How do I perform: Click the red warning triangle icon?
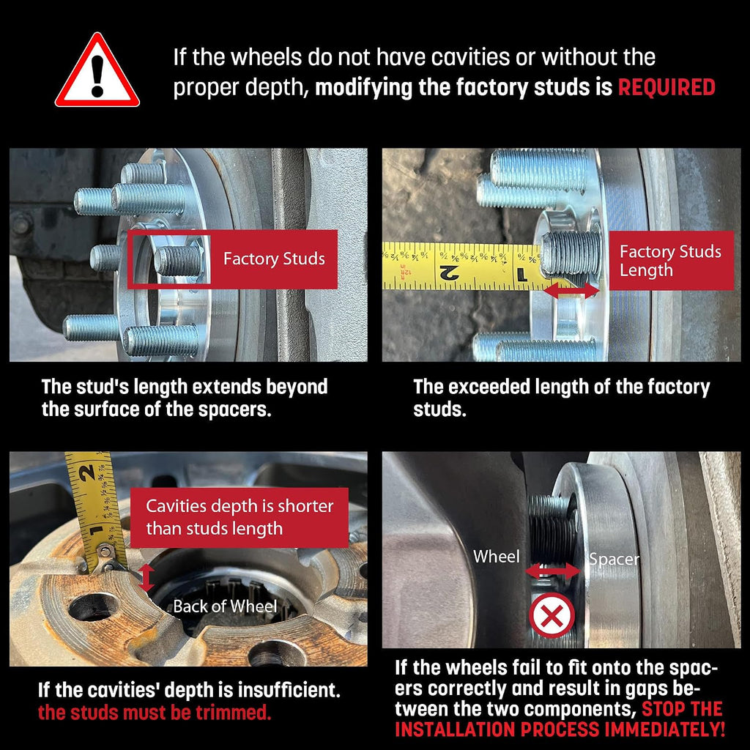point(97,72)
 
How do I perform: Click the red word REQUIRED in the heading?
point(667,88)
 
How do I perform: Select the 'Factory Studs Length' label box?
point(671,261)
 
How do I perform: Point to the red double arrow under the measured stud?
point(571,290)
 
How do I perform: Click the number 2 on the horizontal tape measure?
point(449,273)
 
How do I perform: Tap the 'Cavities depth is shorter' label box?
point(240,518)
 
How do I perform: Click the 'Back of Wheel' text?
point(225,606)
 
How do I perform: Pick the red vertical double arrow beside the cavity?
point(146,578)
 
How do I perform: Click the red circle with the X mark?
point(552,615)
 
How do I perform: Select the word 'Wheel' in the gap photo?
point(496,557)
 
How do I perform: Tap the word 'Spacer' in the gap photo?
point(614,559)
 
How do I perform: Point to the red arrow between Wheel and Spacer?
point(553,571)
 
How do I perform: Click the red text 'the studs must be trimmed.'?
point(155,713)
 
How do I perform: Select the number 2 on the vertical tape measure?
point(88,472)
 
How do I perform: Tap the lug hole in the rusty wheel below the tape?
point(93,607)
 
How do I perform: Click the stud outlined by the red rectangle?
point(177,260)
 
